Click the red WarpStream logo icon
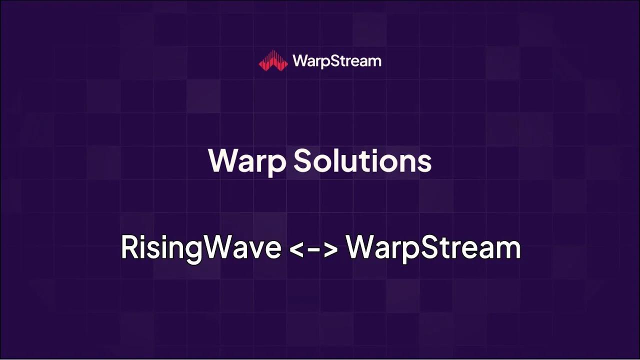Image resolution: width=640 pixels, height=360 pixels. [273, 60]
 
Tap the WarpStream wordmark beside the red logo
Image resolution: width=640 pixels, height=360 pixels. [336, 61]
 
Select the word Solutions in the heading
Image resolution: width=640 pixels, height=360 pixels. [362, 161]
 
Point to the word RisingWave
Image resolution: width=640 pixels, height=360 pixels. [200, 247]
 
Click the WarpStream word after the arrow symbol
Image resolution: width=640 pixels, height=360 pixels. [433, 247]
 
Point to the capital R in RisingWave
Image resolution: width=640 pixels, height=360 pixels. [129, 247]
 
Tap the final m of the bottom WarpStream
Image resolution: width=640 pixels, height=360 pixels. [509, 249]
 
